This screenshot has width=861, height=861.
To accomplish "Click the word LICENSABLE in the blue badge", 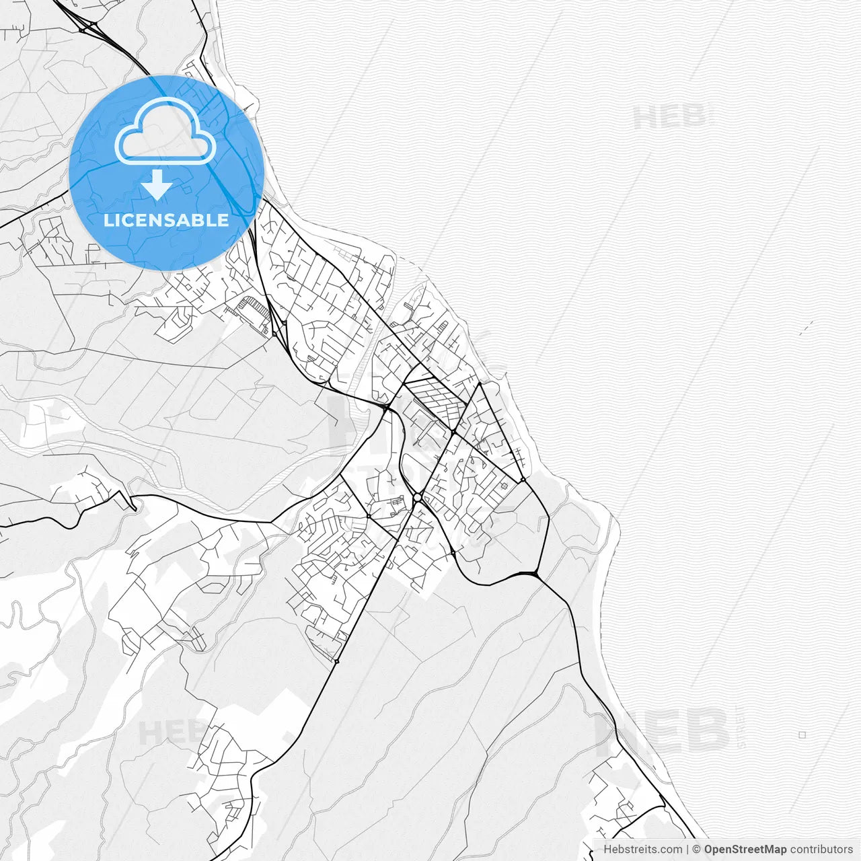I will (166, 220).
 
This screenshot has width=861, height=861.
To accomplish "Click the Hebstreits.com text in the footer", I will (642, 850).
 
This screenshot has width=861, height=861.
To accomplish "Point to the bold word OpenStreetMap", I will (745, 850).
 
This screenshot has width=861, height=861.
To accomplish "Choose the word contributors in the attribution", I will (821, 850).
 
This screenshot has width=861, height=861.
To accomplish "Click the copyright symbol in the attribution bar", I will (697, 850).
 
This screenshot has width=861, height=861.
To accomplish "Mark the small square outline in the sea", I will (802, 735).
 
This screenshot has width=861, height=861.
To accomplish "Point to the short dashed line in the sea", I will (807, 328).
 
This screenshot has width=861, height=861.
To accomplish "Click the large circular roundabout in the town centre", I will (418, 497).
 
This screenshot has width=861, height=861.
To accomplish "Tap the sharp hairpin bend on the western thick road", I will (134, 506).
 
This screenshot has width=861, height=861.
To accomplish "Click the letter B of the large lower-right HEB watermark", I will (706, 731).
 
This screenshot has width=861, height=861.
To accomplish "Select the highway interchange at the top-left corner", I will (88, 27).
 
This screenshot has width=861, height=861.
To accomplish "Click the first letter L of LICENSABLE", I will (108, 220).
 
